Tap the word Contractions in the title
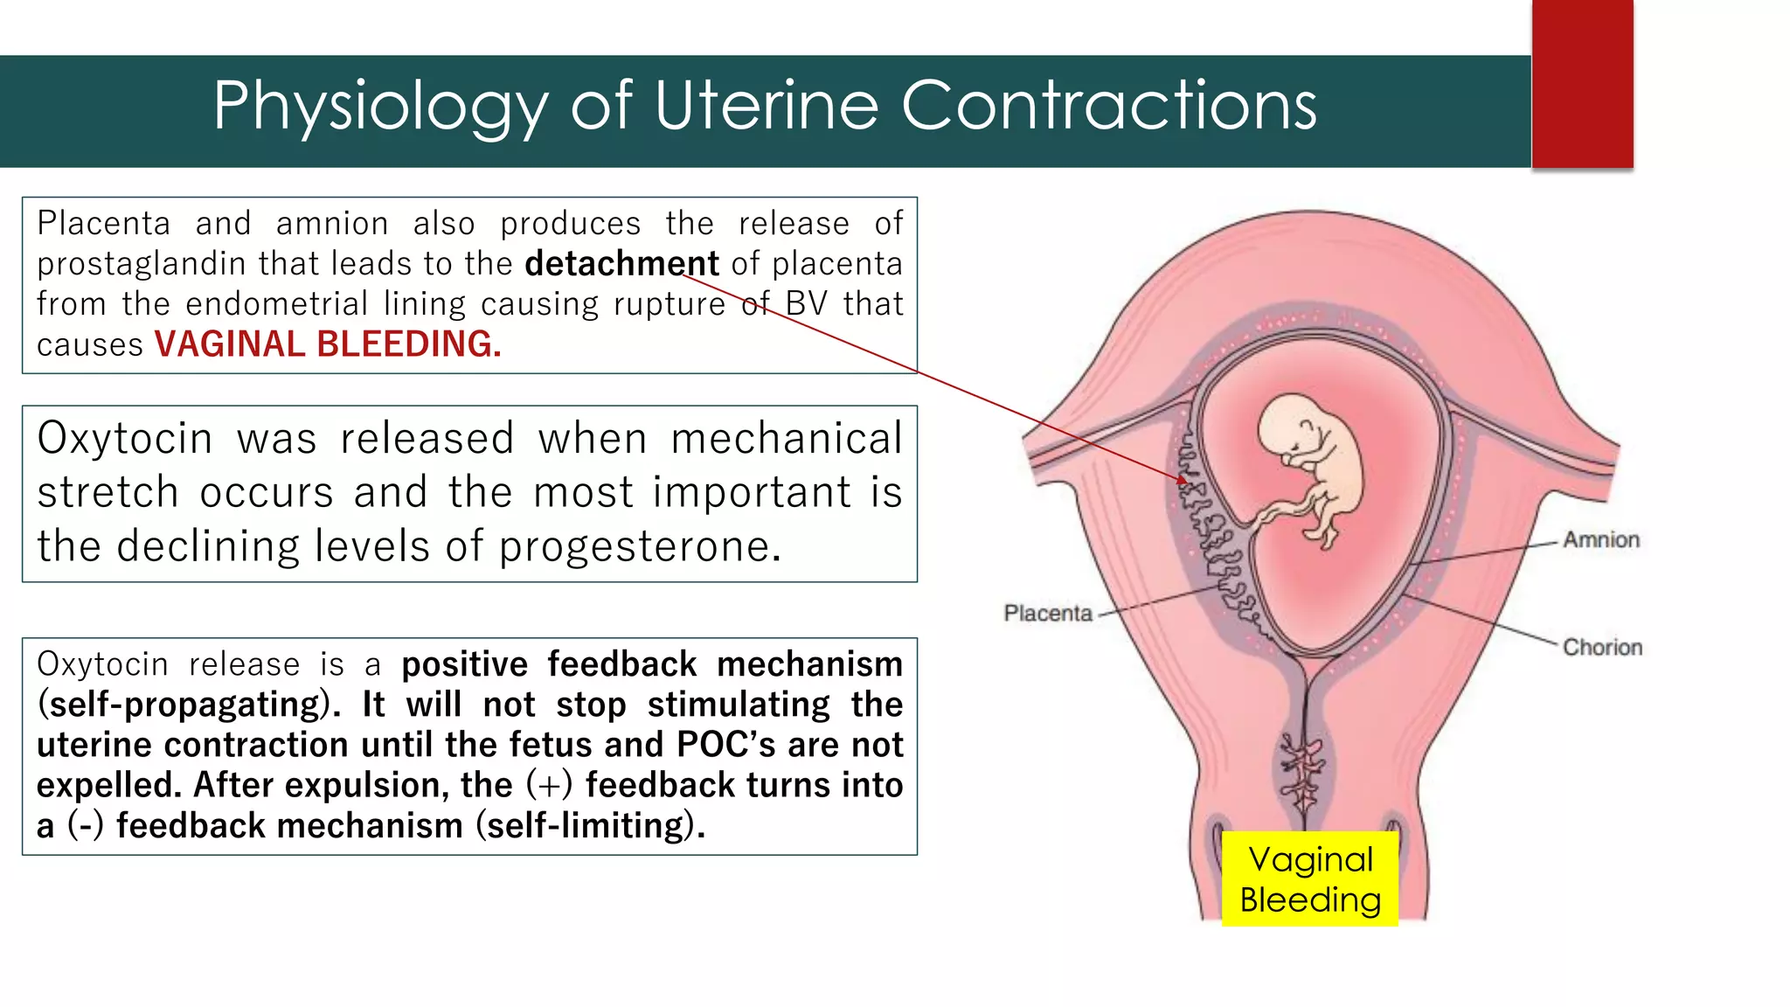tap(1108, 105)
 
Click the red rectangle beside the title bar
tap(1582, 84)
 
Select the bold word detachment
tap(621, 263)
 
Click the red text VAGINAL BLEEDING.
tap(328, 344)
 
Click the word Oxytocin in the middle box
tap(125, 438)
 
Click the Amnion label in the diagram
tap(1600, 540)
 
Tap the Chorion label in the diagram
tap(1602, 648)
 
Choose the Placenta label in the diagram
tap(1047, 614)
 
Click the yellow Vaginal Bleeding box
tap(1309, 879)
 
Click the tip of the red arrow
tap(1183, 479)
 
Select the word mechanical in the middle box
tap(786, 438)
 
